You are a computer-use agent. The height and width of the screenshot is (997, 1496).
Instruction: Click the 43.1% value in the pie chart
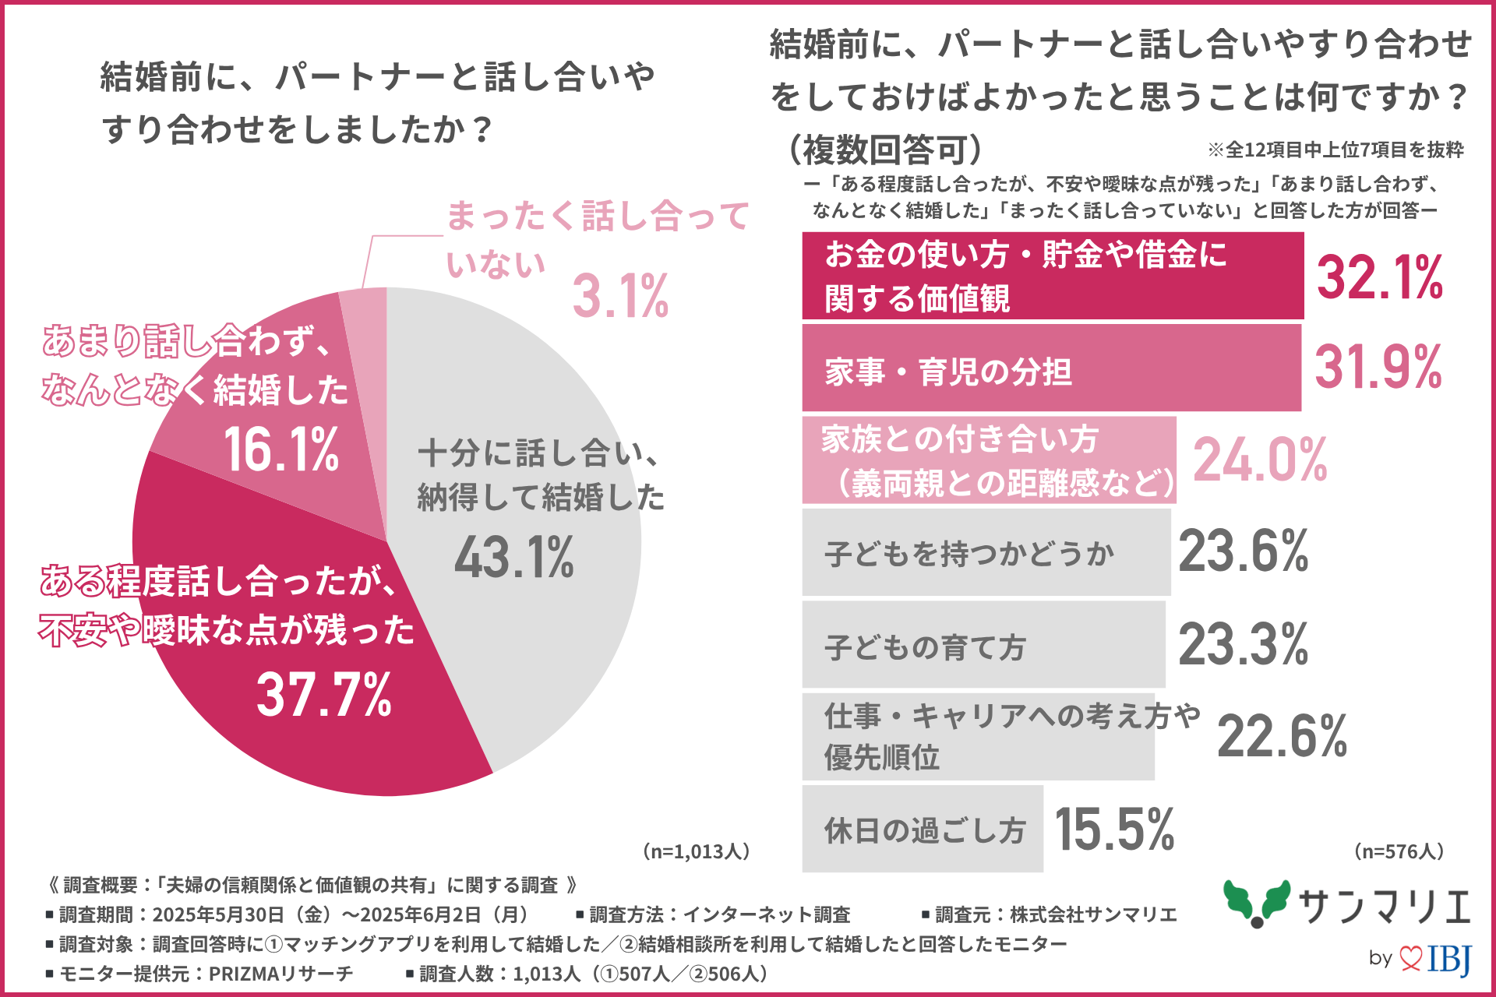click(x=514, y=558)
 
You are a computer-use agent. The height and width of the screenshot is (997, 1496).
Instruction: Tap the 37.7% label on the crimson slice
click(x=324, y=695)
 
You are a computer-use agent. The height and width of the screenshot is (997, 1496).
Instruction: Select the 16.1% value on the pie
click(x=281, y=449)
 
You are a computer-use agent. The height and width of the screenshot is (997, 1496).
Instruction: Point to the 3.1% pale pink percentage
click(x=620, y=297)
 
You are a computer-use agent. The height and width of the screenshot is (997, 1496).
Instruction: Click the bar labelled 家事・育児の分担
click(x=1051, y=368)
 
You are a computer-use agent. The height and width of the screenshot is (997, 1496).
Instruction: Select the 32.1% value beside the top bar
click(x=1379, y=277)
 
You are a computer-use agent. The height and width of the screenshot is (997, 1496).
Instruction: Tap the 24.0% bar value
click(x=1260, y=460)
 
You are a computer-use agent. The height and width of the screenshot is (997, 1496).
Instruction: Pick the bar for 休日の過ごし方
click(x=923, y=829)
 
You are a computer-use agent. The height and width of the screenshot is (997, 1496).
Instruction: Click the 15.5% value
click(x=1114, y=829)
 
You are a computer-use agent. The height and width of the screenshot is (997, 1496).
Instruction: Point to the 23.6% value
click(x=1244, y=551)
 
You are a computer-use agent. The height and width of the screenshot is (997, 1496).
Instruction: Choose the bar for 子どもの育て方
click(x=983, y=644)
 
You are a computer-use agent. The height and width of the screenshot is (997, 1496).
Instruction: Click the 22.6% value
click(x=1282, y=736)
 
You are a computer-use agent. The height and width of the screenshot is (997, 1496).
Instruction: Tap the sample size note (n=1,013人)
click(x=697, y=851)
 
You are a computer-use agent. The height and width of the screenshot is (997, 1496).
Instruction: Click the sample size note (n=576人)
click(x=1399, y=851)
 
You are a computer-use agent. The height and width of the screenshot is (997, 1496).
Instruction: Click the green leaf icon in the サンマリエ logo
click(x=1256, y=904)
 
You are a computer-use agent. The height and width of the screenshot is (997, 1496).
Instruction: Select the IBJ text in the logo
click(x=1449, y=959)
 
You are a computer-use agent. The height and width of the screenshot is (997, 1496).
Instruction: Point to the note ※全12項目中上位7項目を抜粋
click(x=1335, y=150)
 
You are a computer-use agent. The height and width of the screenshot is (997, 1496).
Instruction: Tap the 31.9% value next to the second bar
click(x=1378, y=368)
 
